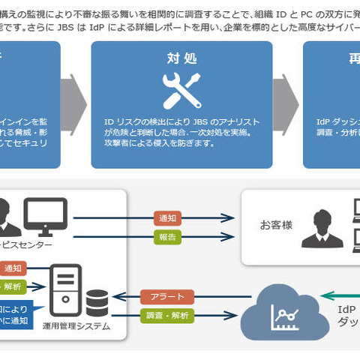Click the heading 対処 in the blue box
coord(181,58)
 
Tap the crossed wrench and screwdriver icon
coord(181,90)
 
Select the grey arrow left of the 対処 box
coord(73,103)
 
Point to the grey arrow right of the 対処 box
coord(287,103)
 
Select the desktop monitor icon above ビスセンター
coord(45,214)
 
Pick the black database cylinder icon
coord(97,304)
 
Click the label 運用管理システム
coord(76,325)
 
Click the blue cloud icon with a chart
coord(284,308)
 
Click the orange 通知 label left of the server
coord(13,268)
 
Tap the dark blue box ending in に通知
coord(15,313)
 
